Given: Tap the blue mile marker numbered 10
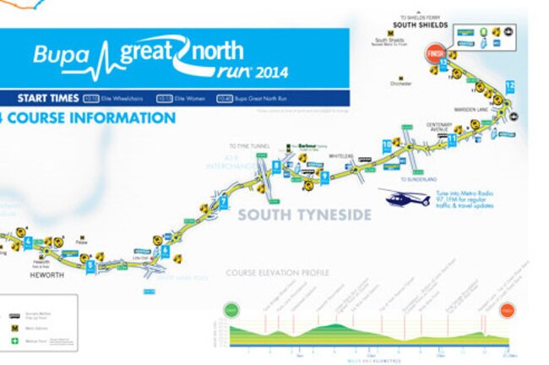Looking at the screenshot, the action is coord(387,145).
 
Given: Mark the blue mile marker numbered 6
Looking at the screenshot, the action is coord(166,251).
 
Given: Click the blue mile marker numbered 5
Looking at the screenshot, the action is coord(90,265).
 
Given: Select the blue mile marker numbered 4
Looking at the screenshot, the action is coord(29,241).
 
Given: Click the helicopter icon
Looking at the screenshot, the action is coord(405,198).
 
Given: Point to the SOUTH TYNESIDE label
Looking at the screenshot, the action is coord(303,215).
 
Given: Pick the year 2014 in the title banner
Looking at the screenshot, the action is coord(269,72).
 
